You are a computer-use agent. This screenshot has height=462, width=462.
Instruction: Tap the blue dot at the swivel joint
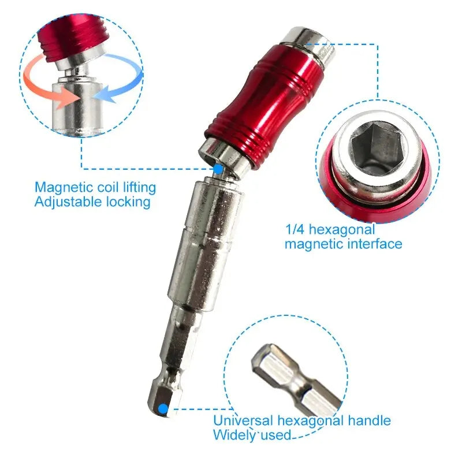click(218, 169)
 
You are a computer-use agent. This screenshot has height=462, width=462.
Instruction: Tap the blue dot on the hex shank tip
click(163, 409)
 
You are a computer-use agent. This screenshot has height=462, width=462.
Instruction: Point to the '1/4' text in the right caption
click(295, 229)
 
